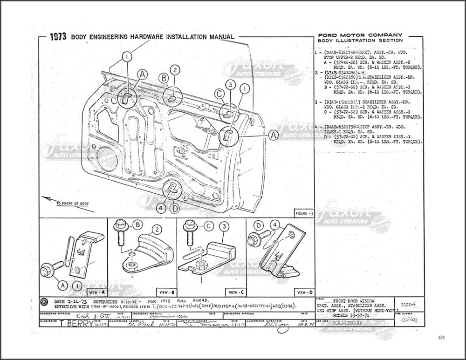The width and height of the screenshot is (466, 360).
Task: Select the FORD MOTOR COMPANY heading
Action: click(359, 35)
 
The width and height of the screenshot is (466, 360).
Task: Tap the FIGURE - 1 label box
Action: click(305, 213)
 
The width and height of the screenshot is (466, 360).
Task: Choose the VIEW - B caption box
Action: click(166, 292)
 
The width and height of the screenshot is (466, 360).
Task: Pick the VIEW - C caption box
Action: click(234, 292)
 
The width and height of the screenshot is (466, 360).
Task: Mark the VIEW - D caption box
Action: click(303, 292)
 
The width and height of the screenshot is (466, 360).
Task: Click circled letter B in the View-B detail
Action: click(137, 225)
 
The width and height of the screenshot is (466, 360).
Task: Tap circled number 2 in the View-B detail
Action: click(158, 229)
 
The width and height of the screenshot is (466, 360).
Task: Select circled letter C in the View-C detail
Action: click(208, 226)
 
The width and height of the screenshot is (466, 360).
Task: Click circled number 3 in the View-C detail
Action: click(225, 227)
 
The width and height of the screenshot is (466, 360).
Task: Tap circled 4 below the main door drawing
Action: click(160, 208)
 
